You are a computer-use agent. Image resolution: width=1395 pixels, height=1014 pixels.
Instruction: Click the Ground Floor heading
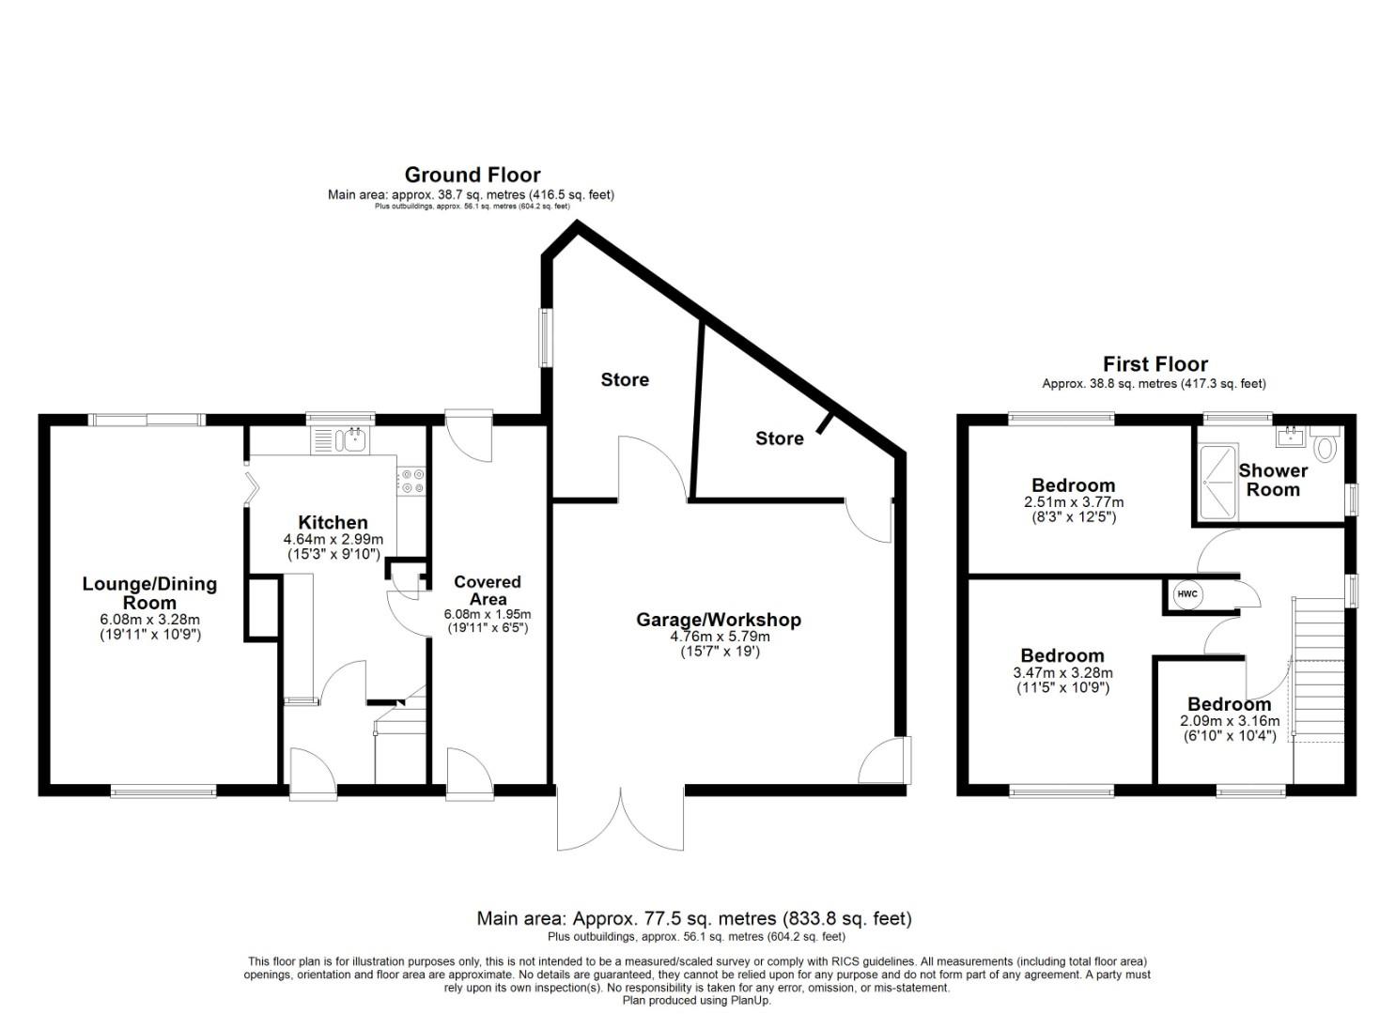(472, 175)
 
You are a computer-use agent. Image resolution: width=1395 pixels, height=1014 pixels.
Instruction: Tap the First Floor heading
(1155, 364)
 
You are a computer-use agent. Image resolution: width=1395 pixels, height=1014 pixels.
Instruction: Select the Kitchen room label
(333, 522)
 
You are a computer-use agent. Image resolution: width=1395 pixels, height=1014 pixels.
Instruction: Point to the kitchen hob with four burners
(411, 482)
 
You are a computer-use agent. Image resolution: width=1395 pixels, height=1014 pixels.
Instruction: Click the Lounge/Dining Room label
(149, 592)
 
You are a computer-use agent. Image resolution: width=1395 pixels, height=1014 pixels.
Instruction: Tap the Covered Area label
(487, 590)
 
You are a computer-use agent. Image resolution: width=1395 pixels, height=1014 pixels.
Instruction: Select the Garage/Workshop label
(719, 620)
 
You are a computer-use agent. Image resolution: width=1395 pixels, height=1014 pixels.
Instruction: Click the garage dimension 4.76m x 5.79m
(719, 636)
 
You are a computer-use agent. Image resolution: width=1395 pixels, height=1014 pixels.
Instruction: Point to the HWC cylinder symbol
(1187, 594)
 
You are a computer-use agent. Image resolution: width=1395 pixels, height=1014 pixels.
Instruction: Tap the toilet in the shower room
(1325, 446)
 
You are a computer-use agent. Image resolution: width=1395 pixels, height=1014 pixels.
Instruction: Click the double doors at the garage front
(620, 821)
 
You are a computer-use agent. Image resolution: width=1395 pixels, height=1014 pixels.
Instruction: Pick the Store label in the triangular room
(779, 438)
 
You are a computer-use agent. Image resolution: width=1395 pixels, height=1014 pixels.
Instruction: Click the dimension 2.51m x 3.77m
(1073, 502)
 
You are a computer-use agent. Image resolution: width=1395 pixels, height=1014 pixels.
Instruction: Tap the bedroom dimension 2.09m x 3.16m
(1229, 721)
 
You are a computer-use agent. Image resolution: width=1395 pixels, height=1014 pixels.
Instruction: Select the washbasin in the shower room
(1292, 435)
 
